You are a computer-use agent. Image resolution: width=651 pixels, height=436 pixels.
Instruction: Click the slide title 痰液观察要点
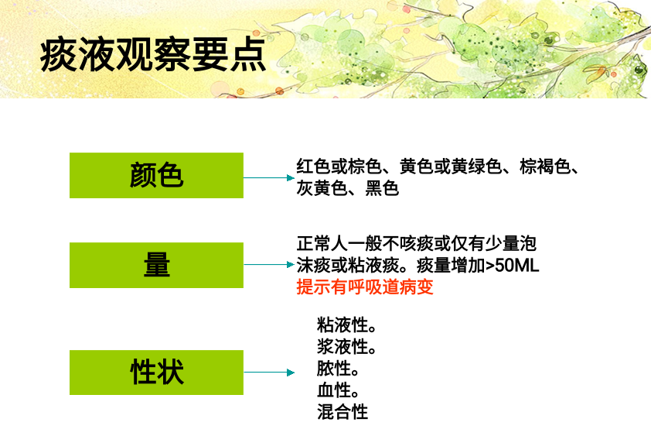(153, 54)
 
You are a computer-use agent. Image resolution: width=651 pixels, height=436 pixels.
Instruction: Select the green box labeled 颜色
(156, 175)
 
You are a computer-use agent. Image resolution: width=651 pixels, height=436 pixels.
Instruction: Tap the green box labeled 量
(156, 265)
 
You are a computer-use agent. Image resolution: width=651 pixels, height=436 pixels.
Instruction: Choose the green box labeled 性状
(156, 372)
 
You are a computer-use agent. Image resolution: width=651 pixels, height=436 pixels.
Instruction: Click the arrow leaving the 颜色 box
(269, 177)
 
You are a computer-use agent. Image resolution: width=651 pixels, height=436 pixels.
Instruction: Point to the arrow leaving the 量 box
(269, 264)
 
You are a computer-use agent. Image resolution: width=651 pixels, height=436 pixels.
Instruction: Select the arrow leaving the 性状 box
(269, 372)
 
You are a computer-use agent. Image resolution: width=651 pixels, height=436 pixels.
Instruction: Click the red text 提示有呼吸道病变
(365, 287)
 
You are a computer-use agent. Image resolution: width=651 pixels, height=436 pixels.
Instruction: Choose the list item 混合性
(343, 412)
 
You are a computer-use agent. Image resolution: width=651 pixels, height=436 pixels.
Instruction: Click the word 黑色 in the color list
(382, 188)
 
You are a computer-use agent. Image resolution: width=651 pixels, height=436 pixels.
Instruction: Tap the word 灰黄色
(322, 188)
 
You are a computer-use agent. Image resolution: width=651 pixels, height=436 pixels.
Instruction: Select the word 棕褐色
(545, 167)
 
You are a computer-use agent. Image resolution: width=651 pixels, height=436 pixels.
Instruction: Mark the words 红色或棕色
(339, 167)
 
